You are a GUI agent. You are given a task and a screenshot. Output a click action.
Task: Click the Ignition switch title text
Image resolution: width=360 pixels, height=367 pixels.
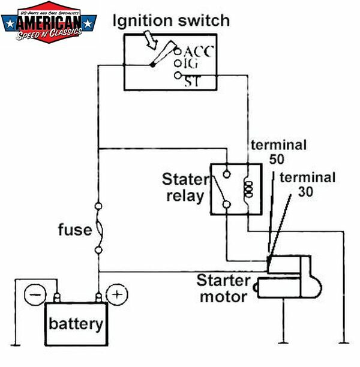(x=172, y=21)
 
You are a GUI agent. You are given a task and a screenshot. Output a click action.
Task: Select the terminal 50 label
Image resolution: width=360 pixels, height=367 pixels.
(x=278, y=152)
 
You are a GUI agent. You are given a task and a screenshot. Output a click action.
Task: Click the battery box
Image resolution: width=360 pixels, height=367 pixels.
(x=76, y=324)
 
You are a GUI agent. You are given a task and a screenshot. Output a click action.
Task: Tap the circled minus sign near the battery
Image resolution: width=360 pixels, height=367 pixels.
(x=35, y=294)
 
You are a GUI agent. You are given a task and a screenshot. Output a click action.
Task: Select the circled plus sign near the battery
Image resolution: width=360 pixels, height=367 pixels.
(x=116, y=294)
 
